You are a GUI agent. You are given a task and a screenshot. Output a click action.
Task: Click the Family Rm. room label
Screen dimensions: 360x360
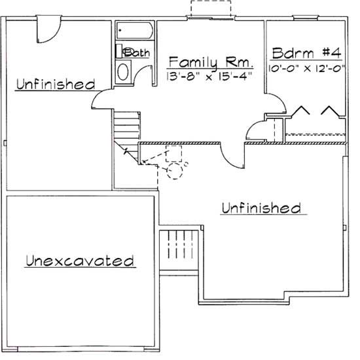coord(210,62)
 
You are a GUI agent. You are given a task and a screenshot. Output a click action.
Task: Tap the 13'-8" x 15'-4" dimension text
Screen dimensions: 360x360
coord(210,76)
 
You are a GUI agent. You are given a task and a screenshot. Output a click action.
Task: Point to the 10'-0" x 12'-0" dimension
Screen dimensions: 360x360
coord(306,67)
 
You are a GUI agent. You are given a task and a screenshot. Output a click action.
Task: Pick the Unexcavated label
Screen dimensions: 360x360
coord(80,261)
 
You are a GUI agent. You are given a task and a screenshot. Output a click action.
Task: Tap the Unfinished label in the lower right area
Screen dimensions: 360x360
coord(261,208)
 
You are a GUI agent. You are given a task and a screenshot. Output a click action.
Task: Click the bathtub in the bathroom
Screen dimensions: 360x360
coord(135,32)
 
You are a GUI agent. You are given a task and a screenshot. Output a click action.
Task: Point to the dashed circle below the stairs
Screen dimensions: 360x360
coord(175,171)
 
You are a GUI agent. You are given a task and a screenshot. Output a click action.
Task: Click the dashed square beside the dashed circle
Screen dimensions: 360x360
coord(173,154)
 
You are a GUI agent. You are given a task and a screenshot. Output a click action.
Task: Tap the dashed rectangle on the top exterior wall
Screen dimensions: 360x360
coord(211,10)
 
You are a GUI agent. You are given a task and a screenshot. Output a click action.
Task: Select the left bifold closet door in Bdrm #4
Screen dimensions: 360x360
coord(301,112)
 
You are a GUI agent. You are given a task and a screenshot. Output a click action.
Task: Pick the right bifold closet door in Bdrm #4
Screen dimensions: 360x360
coord(328,112)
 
